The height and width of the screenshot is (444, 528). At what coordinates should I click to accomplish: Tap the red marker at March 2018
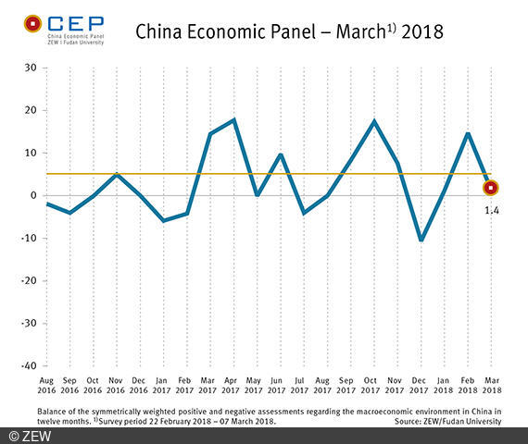coord(490,188)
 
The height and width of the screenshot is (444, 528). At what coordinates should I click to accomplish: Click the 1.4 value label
coord(491,211)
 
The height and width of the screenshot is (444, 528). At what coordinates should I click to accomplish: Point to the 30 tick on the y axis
coord(30,68)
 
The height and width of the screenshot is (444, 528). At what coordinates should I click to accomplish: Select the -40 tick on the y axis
coord(28,365)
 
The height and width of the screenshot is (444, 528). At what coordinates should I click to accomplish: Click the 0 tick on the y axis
coord(32,195)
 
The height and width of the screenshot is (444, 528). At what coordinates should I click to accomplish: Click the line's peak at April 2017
coord(233,119)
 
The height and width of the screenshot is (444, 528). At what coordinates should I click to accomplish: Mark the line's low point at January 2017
coord(162,221)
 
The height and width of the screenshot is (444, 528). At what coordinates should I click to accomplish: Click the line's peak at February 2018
coord(469,133)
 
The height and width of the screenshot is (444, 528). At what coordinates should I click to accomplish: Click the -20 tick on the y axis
coord(28,280)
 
